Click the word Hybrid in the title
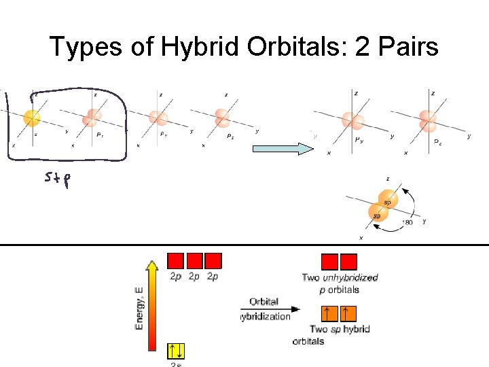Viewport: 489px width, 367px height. [206, 47]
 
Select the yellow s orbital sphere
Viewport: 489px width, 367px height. [31, 118]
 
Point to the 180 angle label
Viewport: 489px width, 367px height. [407, 222]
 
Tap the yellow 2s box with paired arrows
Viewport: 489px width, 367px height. [176, 351]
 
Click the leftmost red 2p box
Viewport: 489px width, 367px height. [175, 261]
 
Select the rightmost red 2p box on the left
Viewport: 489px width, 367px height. [213, 261]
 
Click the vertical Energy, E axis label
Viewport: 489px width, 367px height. [139, 309]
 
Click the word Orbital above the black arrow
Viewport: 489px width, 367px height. [264, 301]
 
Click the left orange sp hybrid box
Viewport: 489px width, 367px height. [329, 313]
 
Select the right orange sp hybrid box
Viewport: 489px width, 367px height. [348, 313]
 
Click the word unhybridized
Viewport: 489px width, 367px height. [350, 277]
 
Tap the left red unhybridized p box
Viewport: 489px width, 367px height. [329, 262]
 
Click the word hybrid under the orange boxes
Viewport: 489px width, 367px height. [356, 329]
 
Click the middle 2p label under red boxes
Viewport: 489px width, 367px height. [194, 277]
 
